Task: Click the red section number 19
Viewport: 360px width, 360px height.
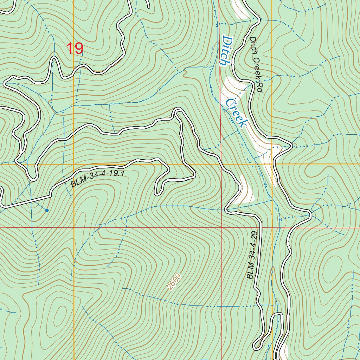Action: [75, 49]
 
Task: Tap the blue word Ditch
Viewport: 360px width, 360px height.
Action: [225, 51]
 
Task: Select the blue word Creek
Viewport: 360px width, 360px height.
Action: [236, 113]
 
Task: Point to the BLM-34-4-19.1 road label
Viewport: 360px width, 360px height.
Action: [98, 179]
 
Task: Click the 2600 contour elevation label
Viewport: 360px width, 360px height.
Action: [174, 282]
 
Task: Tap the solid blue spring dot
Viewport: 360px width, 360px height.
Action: [47, 210]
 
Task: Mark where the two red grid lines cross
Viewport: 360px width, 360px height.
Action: [222, 227]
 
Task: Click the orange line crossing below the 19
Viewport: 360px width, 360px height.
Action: [74, 164]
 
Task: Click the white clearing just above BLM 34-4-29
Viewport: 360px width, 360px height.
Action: [246, 190]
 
